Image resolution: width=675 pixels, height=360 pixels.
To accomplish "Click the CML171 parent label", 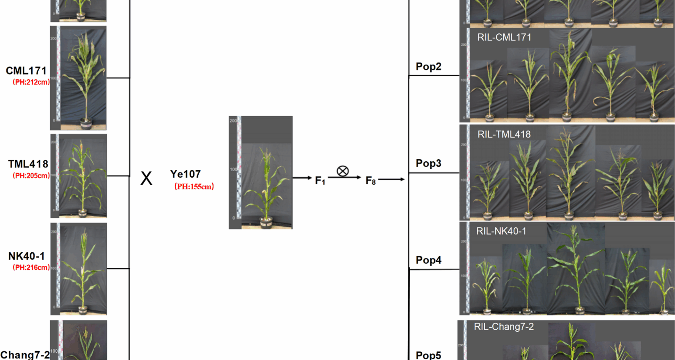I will point(26,71).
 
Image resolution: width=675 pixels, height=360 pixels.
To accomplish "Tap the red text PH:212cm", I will point(31,82).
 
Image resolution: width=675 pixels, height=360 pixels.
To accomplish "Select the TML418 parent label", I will point(28,164).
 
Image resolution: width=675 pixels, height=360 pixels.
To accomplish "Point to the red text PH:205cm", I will point(31,176).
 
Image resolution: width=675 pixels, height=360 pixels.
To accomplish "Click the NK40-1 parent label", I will point(27,256).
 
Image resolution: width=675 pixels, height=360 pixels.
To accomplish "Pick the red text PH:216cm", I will point(31,268).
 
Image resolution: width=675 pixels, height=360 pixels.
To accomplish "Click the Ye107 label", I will point(185,174).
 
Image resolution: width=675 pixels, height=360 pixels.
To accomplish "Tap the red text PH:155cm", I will point(194,187).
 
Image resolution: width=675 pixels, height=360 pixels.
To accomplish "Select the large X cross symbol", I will point(146,178).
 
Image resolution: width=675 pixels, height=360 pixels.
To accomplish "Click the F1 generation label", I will point(320,181).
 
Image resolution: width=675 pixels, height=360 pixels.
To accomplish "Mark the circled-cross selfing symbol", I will point(342,171).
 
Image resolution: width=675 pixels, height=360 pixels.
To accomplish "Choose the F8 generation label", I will point(371,181).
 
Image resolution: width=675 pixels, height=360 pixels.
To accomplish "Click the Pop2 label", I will point(428,66).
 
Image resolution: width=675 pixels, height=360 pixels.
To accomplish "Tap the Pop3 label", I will point(428,163).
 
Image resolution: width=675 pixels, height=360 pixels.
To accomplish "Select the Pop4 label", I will point(428,260).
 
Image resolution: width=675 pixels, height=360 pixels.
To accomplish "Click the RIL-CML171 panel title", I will point(504,37).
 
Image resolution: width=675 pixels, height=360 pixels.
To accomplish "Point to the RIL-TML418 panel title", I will point(504,134).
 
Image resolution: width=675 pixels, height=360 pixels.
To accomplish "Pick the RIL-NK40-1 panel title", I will point(501,231).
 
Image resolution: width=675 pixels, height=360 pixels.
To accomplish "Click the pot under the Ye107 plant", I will point(266,222).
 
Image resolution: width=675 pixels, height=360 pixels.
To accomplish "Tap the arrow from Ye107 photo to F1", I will point(302,178).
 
